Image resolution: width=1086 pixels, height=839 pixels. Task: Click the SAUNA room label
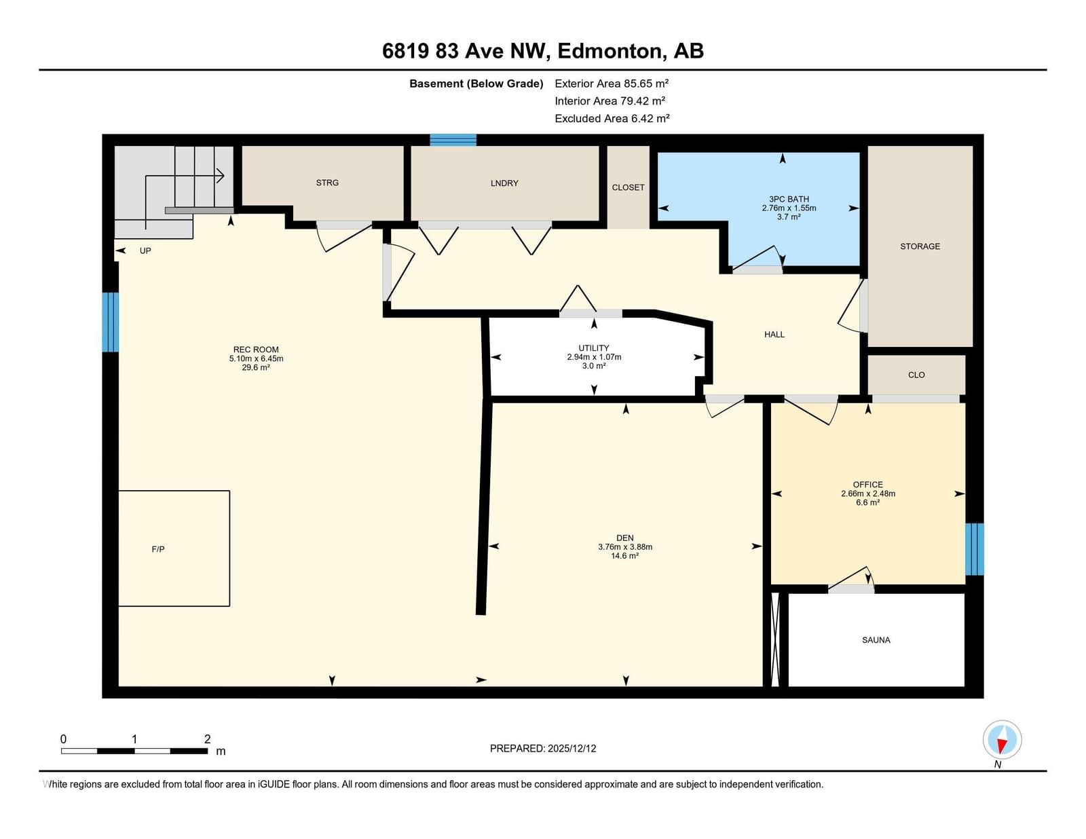pos(876,640)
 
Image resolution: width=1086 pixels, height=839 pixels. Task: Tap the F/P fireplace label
pos(158,549)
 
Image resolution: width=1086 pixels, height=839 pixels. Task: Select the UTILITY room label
pos(594,348)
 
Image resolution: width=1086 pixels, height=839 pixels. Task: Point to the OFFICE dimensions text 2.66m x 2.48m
pos(867,493)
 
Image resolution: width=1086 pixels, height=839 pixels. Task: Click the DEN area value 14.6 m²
pos(624,556)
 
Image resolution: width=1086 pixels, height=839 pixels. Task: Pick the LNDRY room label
pos(504,183)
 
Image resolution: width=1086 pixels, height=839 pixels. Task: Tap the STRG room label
pos(327,183)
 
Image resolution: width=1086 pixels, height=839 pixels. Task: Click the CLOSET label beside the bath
pos(629,187)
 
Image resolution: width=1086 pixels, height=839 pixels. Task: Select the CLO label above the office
pos(916,375)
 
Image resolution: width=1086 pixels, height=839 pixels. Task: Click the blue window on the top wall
pos(453,140)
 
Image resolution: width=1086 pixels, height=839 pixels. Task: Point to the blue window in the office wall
pos(974,549)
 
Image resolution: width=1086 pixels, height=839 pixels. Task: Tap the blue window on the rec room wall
pos(111,322)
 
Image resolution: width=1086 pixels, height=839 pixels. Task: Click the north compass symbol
pos(1002,740)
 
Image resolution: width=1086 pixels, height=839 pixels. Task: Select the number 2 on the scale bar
pos(208,739)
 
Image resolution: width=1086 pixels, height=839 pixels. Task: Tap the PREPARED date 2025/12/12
pos(572,749)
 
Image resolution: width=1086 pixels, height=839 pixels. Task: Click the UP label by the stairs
pos(145,251)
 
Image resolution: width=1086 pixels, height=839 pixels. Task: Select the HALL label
pos(774,335)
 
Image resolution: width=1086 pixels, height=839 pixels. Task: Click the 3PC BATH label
pos(789,200)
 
